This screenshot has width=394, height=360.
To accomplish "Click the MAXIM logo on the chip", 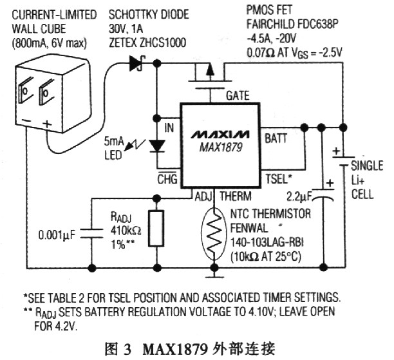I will point(219,135).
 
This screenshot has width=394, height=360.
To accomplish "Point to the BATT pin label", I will point(276,137).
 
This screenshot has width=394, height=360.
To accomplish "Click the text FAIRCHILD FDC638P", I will point(292,23).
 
